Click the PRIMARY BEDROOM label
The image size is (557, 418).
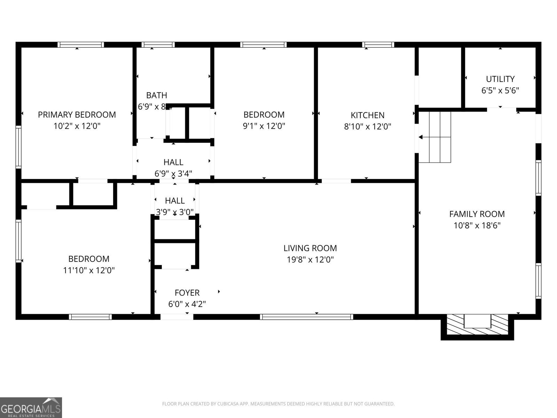77,115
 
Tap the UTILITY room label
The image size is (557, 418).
500,79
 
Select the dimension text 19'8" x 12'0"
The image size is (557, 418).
310,260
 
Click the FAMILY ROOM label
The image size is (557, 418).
477,214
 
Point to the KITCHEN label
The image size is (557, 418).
367,115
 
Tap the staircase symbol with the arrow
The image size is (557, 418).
435,137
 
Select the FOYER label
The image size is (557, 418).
187,293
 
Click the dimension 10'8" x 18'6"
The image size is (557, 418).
477,226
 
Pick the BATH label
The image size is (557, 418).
156,95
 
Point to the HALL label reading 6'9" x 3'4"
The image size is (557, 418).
173,162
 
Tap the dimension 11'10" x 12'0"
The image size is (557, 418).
89,270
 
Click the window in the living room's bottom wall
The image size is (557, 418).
306,317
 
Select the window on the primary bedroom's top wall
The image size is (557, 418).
80,45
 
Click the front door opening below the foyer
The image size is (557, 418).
176,317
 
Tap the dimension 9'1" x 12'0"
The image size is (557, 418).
264,126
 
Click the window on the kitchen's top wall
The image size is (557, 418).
378,45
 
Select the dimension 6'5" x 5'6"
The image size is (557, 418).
500,91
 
